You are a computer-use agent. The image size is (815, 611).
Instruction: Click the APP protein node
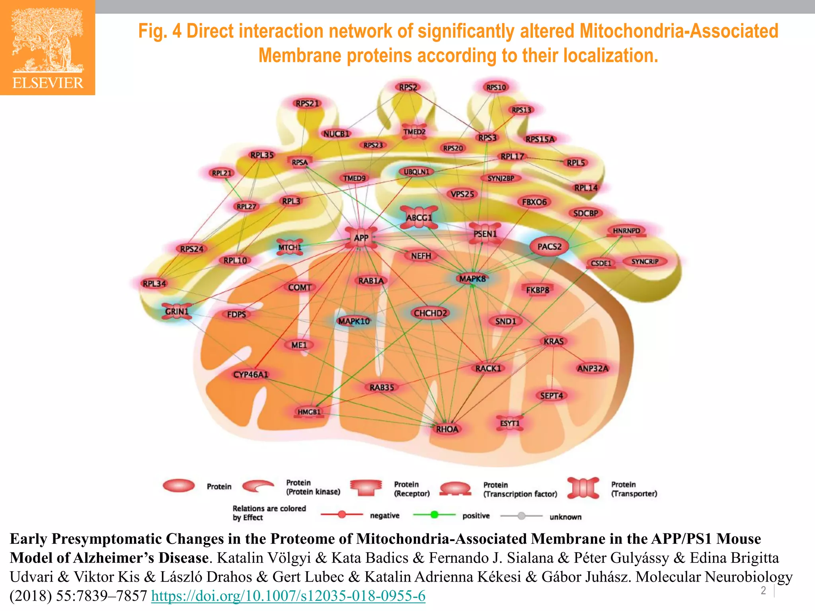pos(361,238)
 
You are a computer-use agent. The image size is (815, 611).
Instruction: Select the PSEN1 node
pos(485,234)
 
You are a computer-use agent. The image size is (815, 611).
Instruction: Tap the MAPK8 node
pos(472,279)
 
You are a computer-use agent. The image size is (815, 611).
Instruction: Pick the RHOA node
pos(447,429)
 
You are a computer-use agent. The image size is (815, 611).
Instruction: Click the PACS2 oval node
pos(549,247)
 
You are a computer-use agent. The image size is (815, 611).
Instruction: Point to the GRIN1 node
pos(177,311)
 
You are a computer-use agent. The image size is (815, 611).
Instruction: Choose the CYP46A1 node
pos(251,374)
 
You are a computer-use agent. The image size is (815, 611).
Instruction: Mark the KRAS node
pos(554,341)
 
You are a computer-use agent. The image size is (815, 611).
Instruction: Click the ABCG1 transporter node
pos(419,218)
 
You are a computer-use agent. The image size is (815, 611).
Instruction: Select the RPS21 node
pos(307,103)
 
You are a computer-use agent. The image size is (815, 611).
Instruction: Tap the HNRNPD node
pos(626,231)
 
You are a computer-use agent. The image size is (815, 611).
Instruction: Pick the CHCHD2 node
pos(430,313)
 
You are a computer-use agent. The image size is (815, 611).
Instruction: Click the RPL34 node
pos(154,284)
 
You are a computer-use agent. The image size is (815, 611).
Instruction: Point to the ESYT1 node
pos(510,423)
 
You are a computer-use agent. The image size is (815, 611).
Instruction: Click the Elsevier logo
pos(48,48)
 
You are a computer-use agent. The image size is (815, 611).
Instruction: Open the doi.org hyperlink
pos(288,596)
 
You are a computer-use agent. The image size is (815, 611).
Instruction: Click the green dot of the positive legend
pos(434,515)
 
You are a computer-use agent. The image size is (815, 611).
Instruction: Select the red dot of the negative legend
pos(342,515)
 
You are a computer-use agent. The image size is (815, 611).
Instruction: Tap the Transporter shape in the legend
pos(583,488)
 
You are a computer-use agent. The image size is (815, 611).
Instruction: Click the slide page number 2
pos(763,590)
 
